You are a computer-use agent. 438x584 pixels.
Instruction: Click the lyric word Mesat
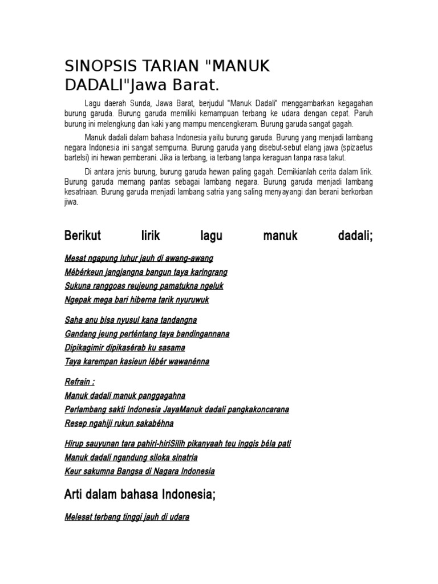76,258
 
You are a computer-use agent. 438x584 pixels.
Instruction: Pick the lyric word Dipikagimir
87,347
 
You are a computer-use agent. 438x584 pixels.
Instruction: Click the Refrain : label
79,382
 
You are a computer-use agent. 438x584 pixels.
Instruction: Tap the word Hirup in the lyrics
75,444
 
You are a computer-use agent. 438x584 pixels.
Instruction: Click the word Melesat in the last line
80,517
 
